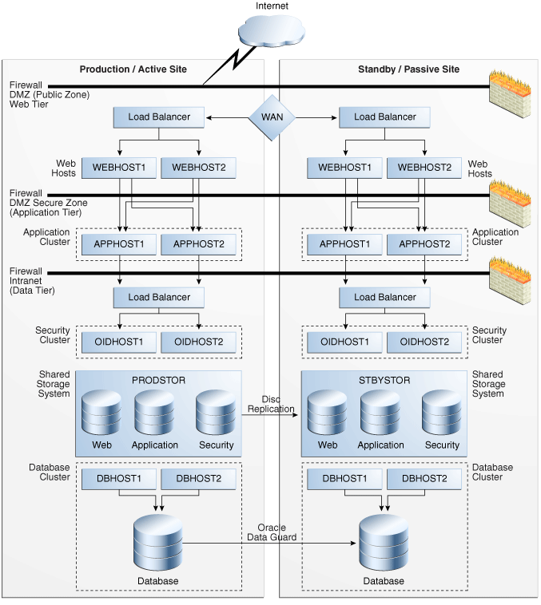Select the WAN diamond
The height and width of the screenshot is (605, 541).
click(x=272, y=117)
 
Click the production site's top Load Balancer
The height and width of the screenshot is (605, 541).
click(x=160, y=117)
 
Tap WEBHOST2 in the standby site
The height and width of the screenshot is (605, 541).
click(x=424, y=168)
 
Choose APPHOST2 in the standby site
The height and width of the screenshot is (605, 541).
click(x=424, y=244)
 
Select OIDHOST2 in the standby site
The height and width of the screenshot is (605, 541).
click(x=424, y=342)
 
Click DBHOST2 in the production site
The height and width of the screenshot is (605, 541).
click(x=198, y=479)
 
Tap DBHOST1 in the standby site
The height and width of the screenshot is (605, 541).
click(x=345, y=479)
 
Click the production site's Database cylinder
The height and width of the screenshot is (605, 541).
click(x=160, y=543)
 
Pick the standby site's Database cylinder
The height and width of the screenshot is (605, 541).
click(x=384, y=543)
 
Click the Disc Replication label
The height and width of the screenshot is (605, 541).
click(x=272, y=404)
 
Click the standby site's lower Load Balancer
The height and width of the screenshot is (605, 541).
click(x=385, y=298)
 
